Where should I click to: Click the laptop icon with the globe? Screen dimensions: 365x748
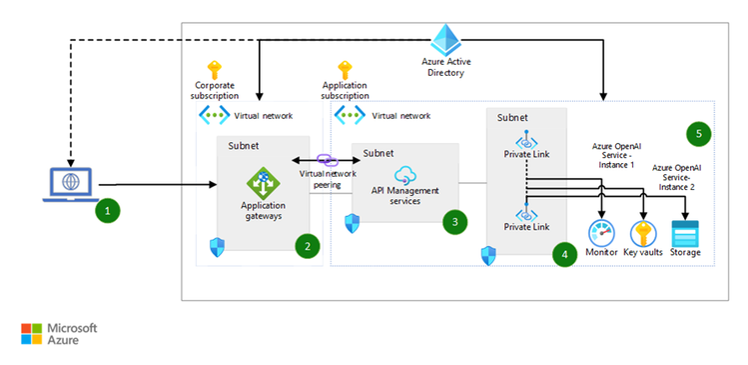[x=69, y=185]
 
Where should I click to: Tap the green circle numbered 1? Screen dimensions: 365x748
[x=107, y=211]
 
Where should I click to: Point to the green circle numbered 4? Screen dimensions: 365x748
[x=565, y=254]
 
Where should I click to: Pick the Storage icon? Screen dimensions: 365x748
[x=685, y=234]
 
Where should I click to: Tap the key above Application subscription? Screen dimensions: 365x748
[x=346, y=69]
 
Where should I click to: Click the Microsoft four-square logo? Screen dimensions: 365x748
[x=32, y=333]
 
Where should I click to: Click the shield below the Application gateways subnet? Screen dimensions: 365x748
[x=217, y=246]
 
